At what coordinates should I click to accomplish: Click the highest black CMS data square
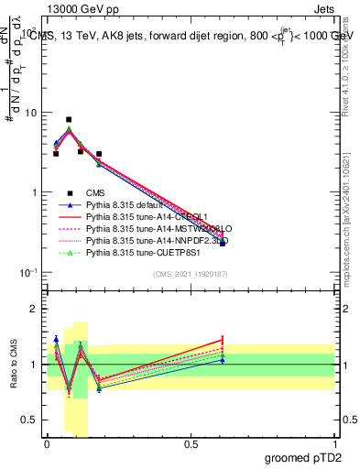(x=69, y=119)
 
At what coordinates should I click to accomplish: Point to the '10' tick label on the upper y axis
(x=29, y=113)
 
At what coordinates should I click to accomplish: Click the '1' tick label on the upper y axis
(x=33, y=192)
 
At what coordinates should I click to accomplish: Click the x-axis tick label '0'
(x=47, y=446)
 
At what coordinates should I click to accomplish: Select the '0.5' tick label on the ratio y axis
(x=28, y=420)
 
